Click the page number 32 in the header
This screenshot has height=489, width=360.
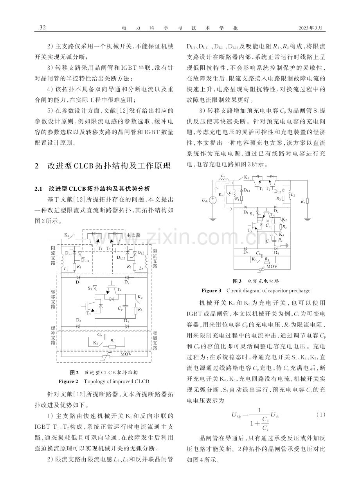pyautogui.click(x=43, y=28)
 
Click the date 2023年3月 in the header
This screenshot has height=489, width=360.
pyautogui.click(x=310, y=28)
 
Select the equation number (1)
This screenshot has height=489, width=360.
pyautogui.click(x=320, y=415)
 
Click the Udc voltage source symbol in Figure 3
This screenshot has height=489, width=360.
pyautogui.click(x=213, y=200)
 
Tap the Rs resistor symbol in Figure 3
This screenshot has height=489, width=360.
pyautogui.click(x=308, y=201)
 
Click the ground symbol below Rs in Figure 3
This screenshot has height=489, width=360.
pyautogui.click(x=308, y=219)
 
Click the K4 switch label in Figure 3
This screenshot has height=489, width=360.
pyautogui.click(x=221, y=194)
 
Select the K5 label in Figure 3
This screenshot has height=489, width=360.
pyautogui.click(x=281, y=235)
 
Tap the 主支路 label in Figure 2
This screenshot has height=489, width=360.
pyautogui.click(x=133, y=235)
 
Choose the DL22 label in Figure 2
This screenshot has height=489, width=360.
pyautogui.click(x=121, y=258)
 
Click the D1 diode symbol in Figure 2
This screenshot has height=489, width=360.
pyautogui.click(x=78, y=277)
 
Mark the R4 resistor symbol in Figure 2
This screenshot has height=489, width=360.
pyautogui.click(x=113, y=346)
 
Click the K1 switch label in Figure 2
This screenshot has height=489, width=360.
pyautogui.click(x=67, y=235)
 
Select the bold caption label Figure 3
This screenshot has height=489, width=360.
pyautogui.click(x=211, y=291)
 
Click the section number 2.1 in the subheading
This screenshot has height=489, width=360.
pyautogui.click(x=38, y=189)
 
